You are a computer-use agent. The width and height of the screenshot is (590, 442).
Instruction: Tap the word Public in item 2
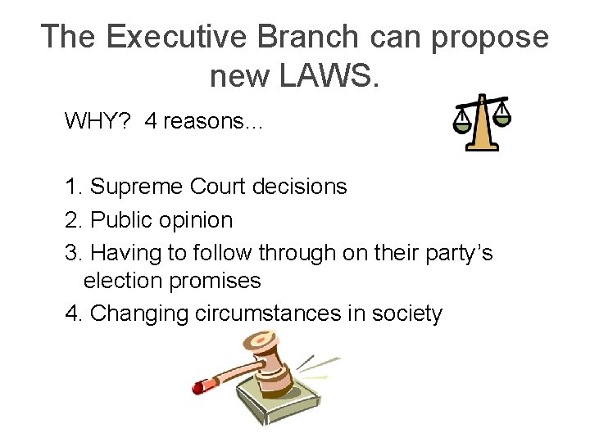point(120,221)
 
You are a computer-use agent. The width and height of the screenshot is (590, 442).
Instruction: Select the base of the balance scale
point(483,146)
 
